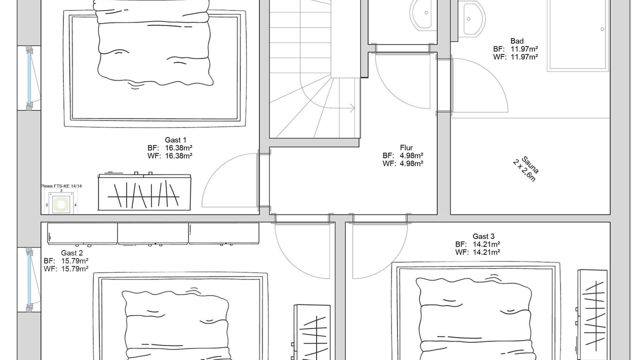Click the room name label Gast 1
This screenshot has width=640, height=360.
point(175,140)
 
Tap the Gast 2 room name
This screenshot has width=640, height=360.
point(72,253)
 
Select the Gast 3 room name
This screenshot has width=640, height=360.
point(483,236)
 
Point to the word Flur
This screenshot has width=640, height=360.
point(406,147)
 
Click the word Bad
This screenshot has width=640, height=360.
point(517,41)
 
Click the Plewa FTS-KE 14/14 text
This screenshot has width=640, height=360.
point(61,186)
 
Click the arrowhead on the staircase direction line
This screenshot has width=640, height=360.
point(352,108)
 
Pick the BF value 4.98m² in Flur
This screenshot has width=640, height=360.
point(411,155)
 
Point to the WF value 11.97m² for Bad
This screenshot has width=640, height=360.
point(524,57)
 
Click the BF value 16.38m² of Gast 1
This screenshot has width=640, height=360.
point(178,148)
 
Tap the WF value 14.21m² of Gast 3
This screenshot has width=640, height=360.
point(486,252)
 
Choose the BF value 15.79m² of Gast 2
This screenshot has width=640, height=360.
point(75,261)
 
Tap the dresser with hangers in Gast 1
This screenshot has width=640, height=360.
point(144,191)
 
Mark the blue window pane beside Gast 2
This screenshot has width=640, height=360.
point(29,279)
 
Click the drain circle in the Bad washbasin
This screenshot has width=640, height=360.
point(468,19)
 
